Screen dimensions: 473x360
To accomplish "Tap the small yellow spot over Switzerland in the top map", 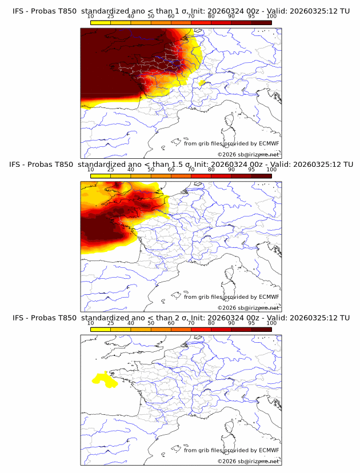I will pos(201,82).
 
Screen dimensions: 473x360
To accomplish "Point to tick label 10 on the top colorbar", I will pos(91,17).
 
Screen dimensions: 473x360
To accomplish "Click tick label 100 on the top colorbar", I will pos(271,17).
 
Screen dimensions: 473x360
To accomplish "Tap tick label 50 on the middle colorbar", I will pos(151,170).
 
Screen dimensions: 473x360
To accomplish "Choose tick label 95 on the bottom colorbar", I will pos(251,323).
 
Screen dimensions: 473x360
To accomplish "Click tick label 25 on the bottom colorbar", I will pos(111,323).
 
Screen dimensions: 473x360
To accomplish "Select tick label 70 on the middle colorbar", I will pos(191,170).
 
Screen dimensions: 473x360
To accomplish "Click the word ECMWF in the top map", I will pos(269,143).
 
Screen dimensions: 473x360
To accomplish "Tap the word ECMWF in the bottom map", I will pos(269,450).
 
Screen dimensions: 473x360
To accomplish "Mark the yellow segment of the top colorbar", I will pos(101,22).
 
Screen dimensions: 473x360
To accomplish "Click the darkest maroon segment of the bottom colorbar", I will pos(261,329).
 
